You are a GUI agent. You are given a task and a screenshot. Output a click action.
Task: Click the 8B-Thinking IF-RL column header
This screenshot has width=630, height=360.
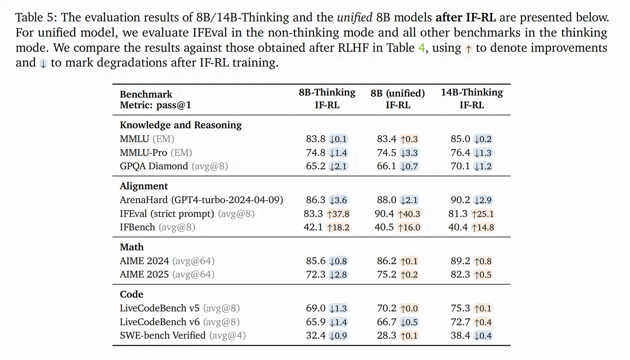tap(327, 99)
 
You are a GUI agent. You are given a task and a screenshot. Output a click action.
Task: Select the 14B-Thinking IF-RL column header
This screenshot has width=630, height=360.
tap(472, 99)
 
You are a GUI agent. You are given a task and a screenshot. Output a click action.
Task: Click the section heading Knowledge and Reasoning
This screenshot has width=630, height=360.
tap(180, 125)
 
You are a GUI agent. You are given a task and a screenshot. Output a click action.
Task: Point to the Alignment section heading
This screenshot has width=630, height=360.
tap(144, 186)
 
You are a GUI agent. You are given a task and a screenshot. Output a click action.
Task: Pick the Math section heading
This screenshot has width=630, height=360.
tap(131, 247)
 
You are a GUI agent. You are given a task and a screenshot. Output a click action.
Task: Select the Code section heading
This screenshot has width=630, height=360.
tap(131, 294)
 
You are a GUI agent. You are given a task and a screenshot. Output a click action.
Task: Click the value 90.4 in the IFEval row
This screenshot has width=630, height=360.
tap(384, 214)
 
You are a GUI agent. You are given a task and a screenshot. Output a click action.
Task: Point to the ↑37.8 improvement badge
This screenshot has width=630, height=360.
tap(338, 214)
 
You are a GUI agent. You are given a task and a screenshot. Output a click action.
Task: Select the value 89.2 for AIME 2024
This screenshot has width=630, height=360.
tap(460, 261)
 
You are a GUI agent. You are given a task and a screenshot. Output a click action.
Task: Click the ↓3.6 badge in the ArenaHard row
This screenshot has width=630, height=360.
tap(338, 200)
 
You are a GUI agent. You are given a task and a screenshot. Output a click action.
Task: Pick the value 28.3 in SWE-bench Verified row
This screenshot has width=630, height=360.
tap(386, 336)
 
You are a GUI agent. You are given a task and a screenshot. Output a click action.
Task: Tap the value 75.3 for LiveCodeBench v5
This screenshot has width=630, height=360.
tap(460, 308)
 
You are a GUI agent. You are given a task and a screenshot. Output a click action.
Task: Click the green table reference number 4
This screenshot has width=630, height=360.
tap(421, 48)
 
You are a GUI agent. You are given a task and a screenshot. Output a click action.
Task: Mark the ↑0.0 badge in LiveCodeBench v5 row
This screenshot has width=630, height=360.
tap(409, 309)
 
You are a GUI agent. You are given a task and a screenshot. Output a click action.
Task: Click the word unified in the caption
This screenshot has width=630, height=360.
tap(354, 17)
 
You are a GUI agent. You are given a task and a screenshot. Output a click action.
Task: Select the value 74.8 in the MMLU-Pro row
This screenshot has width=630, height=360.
tap(315, 153)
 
